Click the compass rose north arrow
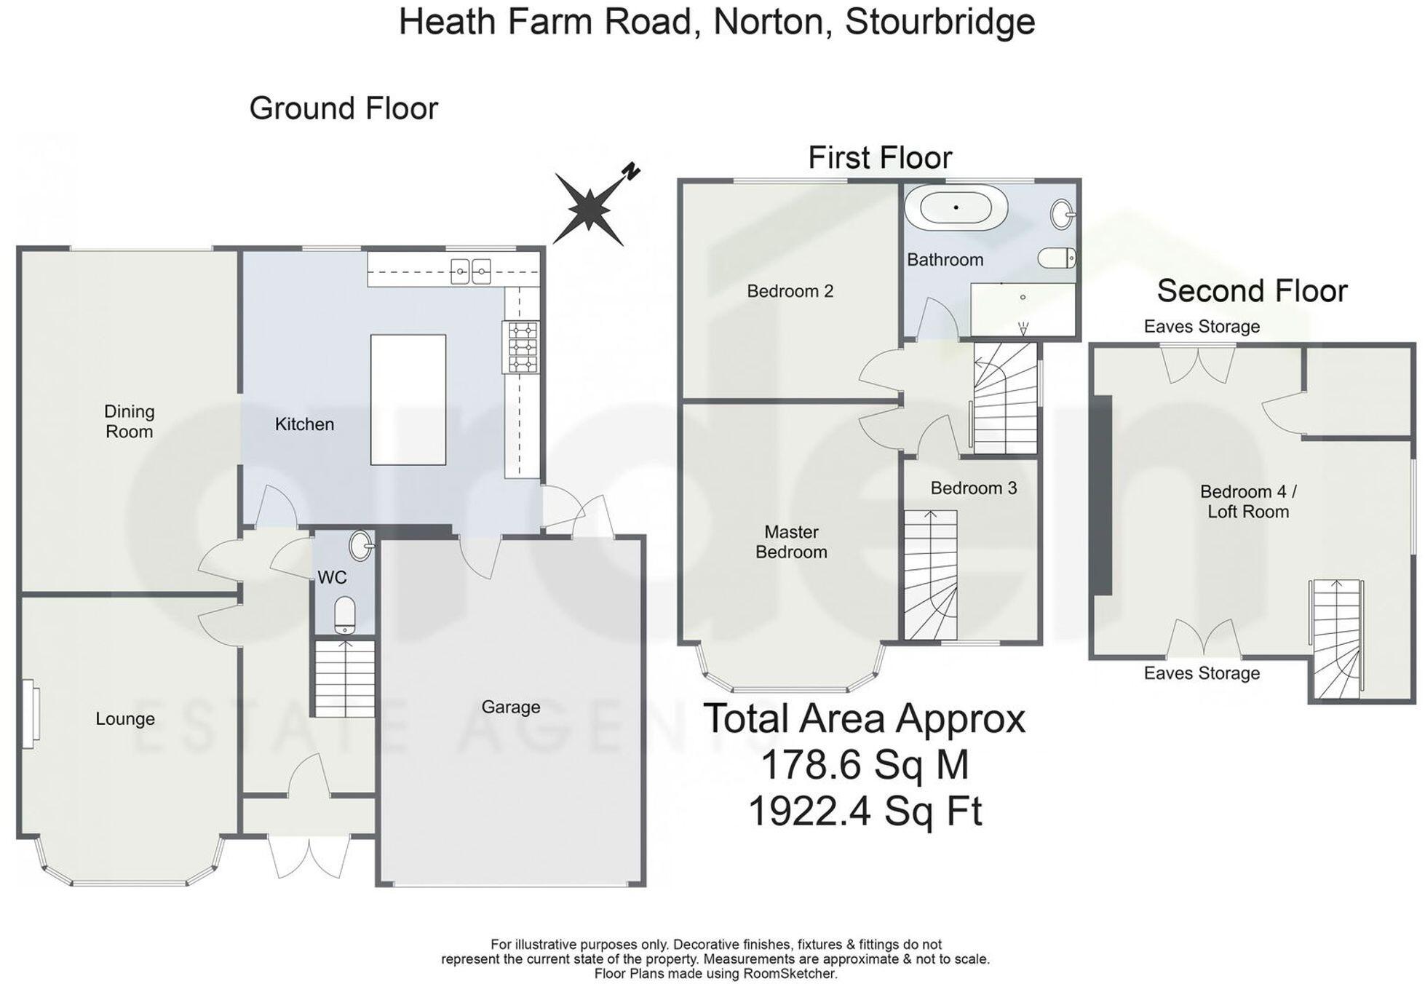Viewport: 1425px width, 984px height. point(590,207)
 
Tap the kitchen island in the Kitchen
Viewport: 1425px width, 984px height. point(408,399)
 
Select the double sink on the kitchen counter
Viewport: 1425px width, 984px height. point(470,272)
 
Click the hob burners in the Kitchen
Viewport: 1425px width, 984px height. point(520,347)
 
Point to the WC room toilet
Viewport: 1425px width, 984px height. point(344,616)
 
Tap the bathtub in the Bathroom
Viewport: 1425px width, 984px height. point(956,207)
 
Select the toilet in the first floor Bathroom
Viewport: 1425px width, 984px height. point(1057,258)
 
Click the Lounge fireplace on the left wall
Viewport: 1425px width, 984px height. point(29,713)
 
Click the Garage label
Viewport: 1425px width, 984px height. point(510,707)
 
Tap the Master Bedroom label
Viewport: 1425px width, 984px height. point(791,541)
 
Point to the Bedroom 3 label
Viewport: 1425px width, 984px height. point(973,488)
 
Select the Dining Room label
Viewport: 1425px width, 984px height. point(129,421)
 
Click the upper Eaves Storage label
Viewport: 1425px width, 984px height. point(1201,326)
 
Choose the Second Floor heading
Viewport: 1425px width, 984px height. point(1252,290)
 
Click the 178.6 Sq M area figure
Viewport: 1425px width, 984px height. point(864,765)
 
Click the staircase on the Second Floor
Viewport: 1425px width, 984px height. point(1337,639)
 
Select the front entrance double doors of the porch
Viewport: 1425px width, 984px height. point(309,857)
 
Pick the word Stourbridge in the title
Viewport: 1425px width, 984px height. point(940,21)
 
